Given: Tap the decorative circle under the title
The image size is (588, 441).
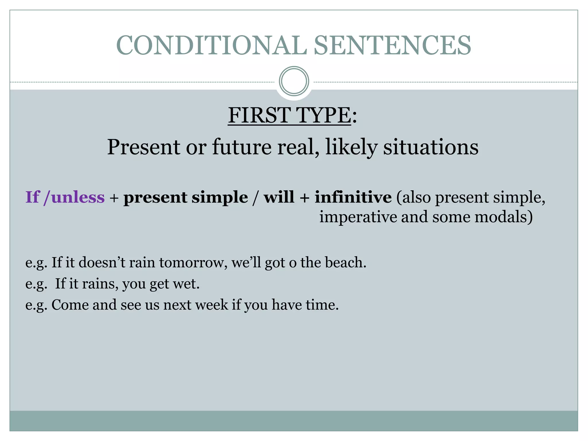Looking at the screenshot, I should (294, 81).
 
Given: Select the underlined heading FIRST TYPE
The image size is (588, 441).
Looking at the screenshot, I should (289, 115).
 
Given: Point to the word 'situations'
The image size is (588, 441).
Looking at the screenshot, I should (431, 147).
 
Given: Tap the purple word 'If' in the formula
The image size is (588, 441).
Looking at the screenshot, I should (32, 197).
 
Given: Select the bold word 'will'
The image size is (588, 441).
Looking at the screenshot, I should (279, 197).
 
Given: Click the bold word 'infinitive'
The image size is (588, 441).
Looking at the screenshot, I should (353, 197).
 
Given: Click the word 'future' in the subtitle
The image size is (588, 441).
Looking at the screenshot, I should (242, 147).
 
